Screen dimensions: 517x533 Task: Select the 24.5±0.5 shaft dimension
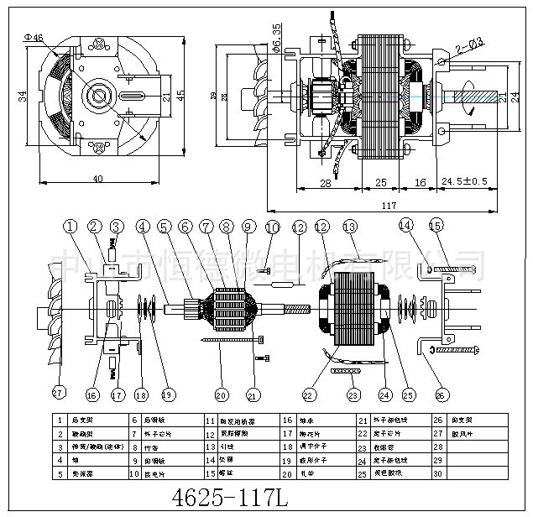(464, 181)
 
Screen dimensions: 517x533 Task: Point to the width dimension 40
(97, 179)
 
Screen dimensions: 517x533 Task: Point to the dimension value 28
(325, 181)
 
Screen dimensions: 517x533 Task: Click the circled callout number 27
(58, 391)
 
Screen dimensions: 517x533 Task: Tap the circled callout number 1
(70, 226)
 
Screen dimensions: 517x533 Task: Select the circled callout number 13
(349, 226)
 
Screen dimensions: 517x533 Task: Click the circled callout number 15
(435, 226)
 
